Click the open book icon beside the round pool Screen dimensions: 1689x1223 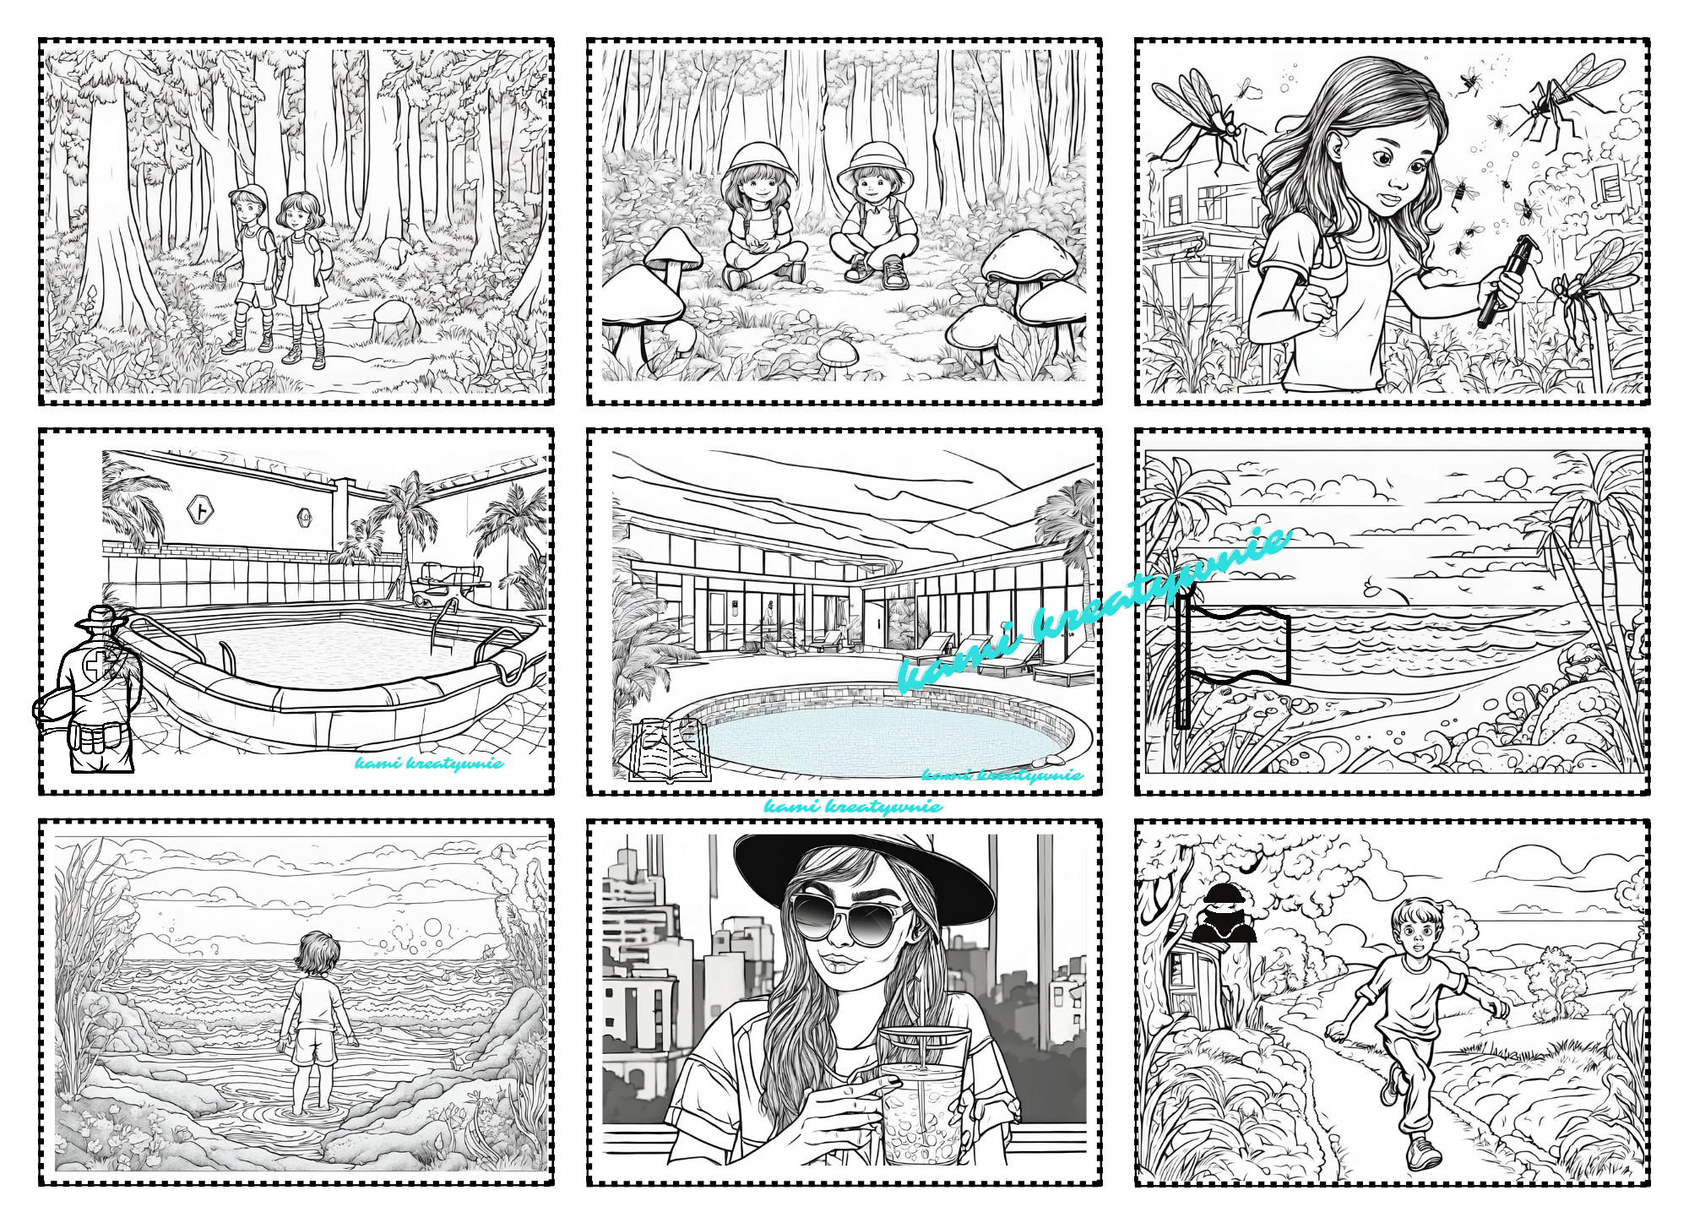[x=670, y=749]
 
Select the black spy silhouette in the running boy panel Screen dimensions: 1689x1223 [x=1223, y=913]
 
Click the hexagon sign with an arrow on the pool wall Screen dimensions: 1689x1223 [x=200, y=509]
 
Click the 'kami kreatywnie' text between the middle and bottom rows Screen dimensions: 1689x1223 [x=853, y=807]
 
